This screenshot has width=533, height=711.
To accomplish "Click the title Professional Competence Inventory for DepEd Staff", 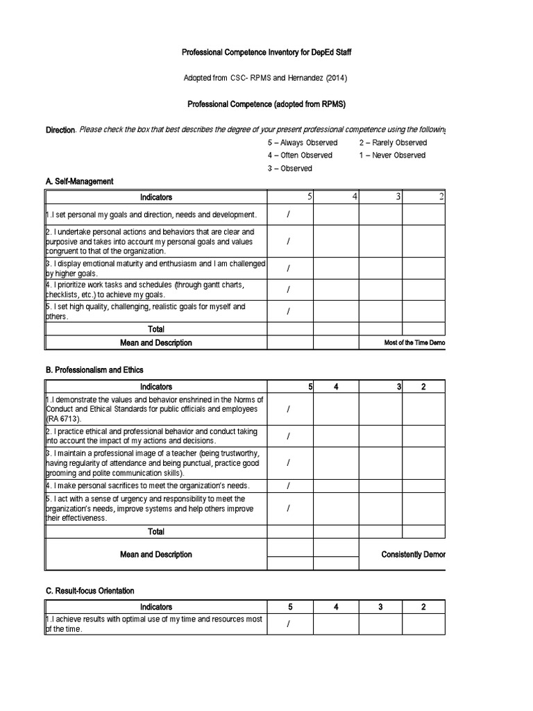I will [x=266, y=52].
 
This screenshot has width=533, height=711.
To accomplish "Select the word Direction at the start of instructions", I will [x=60, y=130].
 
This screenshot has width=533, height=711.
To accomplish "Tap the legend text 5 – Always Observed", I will [x=303, y=142].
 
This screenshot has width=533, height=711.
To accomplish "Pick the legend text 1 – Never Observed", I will [x=392, y=155].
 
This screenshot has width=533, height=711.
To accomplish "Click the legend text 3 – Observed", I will [x=289, y=168].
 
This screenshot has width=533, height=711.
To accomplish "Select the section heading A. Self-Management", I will [x=79, y=181].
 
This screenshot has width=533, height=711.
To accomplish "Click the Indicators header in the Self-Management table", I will [x=156, y=197].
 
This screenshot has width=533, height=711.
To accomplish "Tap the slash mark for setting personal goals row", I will [x=289, y=215].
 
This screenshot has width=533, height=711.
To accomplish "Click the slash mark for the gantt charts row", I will [x=289, y=290].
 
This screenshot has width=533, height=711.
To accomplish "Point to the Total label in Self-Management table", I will [x=156, y=329].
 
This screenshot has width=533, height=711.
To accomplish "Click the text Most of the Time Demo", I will [x=414, y=343].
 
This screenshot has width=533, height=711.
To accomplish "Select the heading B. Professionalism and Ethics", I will [x=94, y=370].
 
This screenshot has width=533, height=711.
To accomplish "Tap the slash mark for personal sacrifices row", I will [x=289, y=485].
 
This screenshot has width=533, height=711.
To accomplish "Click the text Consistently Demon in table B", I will [x=413, y=555].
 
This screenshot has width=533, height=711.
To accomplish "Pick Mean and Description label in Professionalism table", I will [x=156, y=555].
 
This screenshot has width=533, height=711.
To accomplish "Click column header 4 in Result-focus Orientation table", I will [x=335, y=607].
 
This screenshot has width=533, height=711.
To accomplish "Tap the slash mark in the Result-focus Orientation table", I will [x=289, y=624].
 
